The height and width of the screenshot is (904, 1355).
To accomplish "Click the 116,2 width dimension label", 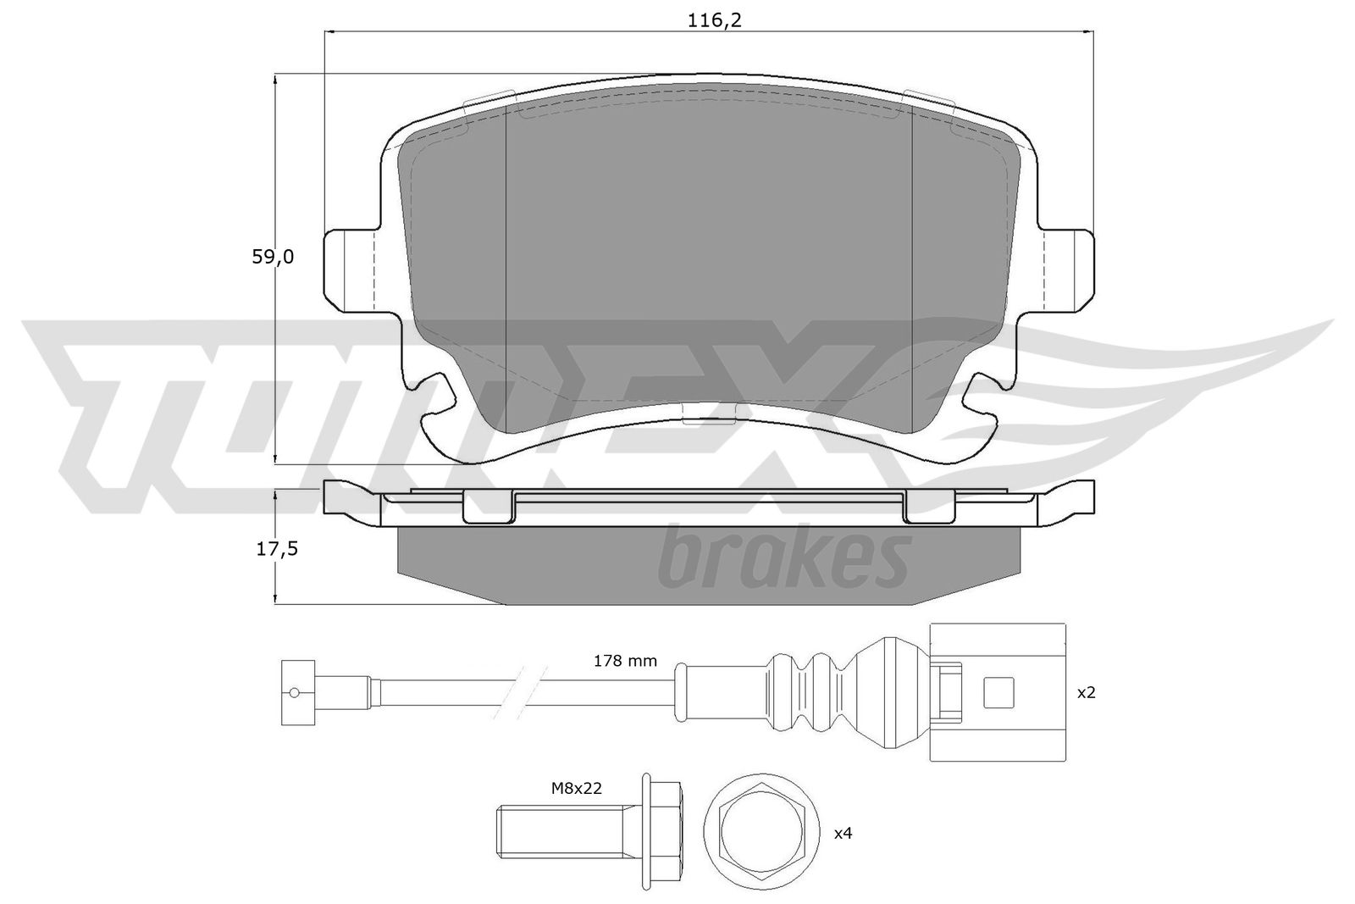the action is (715, 20).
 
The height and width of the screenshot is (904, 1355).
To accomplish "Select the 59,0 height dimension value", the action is (273, 258).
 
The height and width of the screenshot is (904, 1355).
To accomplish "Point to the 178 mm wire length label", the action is (625, 661).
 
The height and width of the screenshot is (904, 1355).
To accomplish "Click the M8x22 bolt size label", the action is (577, 789).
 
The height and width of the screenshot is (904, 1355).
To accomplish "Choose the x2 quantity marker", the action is (1087, 692).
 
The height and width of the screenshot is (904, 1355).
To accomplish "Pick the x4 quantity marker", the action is (843, 833).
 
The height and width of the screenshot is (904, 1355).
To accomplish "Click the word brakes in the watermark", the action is (784, 557).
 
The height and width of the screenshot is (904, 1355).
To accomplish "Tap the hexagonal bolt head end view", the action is (761, 831).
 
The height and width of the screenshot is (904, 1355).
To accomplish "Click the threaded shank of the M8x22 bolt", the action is (567, 830).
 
